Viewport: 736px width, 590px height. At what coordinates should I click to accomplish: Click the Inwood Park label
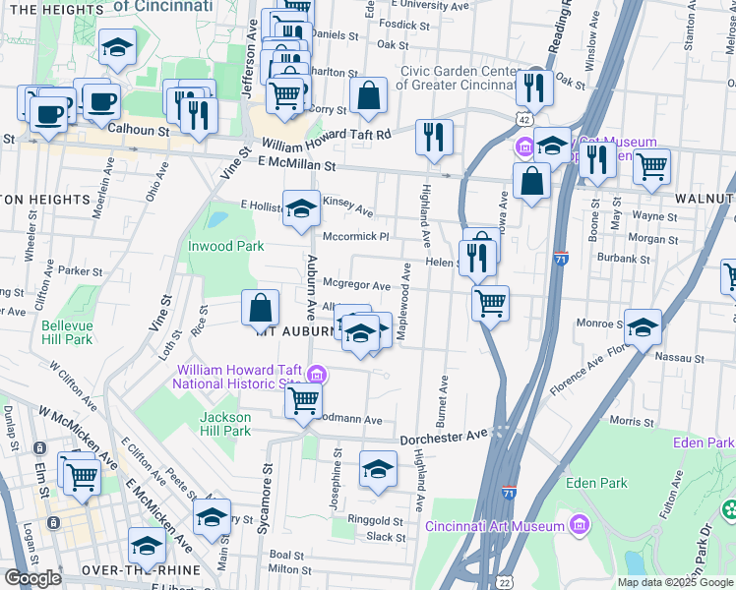(x=226, y=245)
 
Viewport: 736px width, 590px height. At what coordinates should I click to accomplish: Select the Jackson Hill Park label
(x=225, y=424)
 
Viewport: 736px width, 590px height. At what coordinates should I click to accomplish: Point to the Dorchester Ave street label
(x=443, y=435)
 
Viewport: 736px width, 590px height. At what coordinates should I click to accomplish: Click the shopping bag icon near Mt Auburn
(x=260, y=309)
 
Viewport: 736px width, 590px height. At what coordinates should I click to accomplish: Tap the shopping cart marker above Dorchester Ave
(x=304, y=400)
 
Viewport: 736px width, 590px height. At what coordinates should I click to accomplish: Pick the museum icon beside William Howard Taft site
(x=317, y=375)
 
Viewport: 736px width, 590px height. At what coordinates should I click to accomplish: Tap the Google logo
(x=32, y=578)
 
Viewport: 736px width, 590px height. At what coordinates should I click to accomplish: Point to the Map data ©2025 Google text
(x=674, y=582)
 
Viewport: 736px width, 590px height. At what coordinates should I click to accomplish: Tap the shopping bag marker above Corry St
(x=368, y=96)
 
